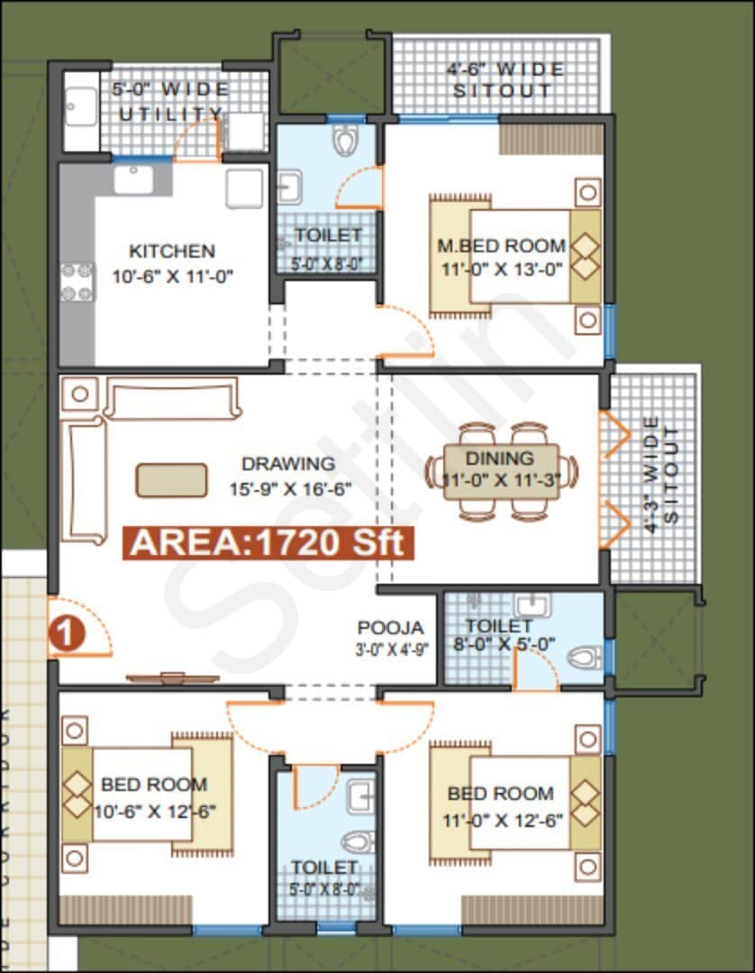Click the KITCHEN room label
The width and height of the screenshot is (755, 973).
point(171,251)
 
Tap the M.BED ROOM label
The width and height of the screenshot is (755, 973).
point(501,245)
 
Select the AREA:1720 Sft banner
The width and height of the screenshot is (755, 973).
point(269,542)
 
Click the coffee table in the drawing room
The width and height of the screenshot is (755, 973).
point(171,479)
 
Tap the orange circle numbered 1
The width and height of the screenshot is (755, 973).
point(66,633)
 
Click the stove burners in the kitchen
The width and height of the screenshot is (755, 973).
point(77,281)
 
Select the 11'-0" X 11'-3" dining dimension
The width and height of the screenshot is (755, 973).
point(501,480)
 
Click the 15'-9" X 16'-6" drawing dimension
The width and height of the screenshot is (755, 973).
point(288,490)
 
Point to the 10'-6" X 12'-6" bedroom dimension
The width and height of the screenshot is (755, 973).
point(155,811)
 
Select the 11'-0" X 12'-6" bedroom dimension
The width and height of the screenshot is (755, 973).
point(501,821)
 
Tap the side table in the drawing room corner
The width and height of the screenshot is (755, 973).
point(80,393)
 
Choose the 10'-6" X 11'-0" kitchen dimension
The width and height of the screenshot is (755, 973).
point(173,277)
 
